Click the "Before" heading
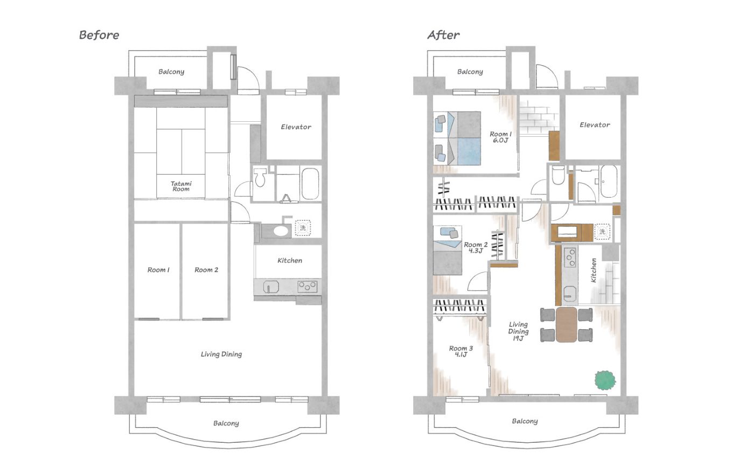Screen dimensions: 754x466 coord(99,35)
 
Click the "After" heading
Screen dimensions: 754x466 coord(443,35)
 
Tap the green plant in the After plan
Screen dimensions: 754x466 coord(605,380)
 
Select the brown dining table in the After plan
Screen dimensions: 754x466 coord(566,324)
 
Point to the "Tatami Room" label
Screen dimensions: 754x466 coord(181,186)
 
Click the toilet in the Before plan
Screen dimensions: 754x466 coord(260,177)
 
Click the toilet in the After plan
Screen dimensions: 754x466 coord(558,175)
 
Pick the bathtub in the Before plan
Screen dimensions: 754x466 coord(310,184)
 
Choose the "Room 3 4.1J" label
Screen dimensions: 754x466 coord(461,351)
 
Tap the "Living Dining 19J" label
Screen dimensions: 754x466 coord(518,331)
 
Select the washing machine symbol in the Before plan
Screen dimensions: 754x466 coord(303,228)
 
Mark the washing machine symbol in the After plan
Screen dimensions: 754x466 coord(602,231)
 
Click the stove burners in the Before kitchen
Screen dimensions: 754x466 coord(308,287)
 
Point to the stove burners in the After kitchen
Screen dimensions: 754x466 coord(570,258)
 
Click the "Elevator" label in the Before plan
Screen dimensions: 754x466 coord(296,127)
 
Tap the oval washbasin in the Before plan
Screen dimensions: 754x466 coord(281,231)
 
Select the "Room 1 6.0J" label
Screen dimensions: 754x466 coord(500,137)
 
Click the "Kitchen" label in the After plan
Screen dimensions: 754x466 coord(594,270)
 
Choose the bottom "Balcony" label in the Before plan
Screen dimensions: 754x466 coord(226,423)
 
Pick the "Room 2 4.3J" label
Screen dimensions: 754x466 coord(476,247)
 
